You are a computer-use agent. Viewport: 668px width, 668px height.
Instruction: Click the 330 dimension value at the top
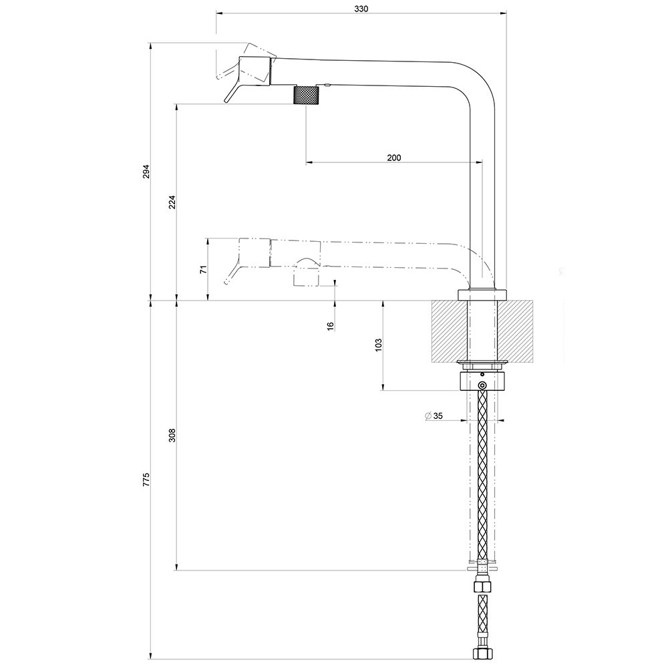361,9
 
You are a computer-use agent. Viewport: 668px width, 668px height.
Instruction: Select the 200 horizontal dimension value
393,158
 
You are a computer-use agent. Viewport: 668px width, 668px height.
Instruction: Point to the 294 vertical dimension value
147,171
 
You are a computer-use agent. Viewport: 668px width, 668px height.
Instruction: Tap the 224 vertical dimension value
172,202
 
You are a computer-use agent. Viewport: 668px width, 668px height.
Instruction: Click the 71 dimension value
204,269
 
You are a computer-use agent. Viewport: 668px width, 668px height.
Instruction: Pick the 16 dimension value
331,325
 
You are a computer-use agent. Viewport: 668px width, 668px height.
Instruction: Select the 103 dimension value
378,345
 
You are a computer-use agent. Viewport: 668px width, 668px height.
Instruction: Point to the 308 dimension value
172,436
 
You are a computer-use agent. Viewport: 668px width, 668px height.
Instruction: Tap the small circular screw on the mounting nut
482,385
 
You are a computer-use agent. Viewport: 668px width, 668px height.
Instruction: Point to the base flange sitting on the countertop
482,295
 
